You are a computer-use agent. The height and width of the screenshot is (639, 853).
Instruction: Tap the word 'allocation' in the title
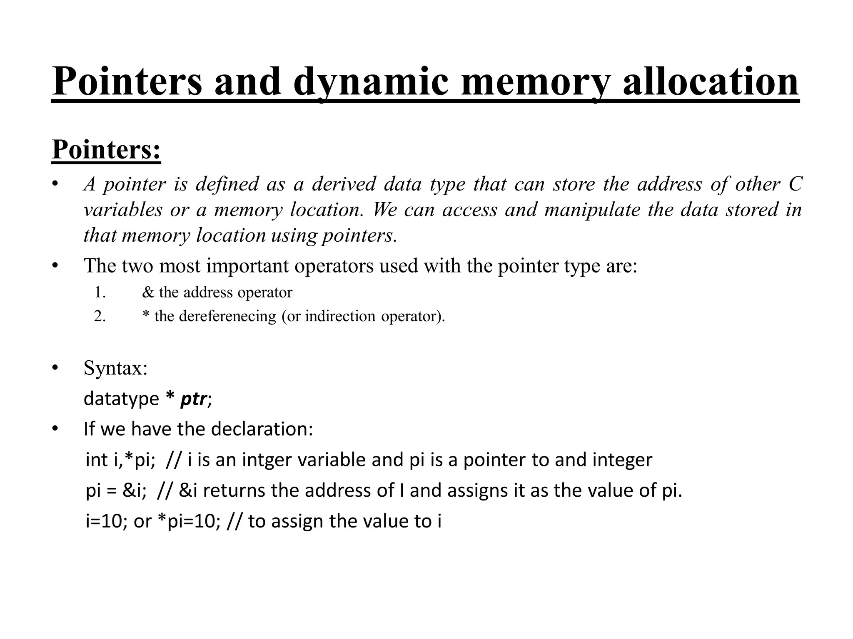pos(710,82)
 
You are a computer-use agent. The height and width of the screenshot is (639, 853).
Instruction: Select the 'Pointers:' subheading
pos(106,149)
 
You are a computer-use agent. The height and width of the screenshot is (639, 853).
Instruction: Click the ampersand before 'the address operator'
pos(148,292)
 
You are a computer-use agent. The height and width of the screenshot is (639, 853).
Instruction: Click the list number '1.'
pos(100,292)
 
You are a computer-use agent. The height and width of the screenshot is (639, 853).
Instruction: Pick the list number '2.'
pos(100,317)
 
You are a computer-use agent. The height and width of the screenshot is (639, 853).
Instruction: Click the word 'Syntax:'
pos(115,368)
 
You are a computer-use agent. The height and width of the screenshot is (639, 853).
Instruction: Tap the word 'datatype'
pos(121,399)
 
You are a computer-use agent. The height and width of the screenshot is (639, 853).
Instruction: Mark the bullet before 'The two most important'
pos(55,266)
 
